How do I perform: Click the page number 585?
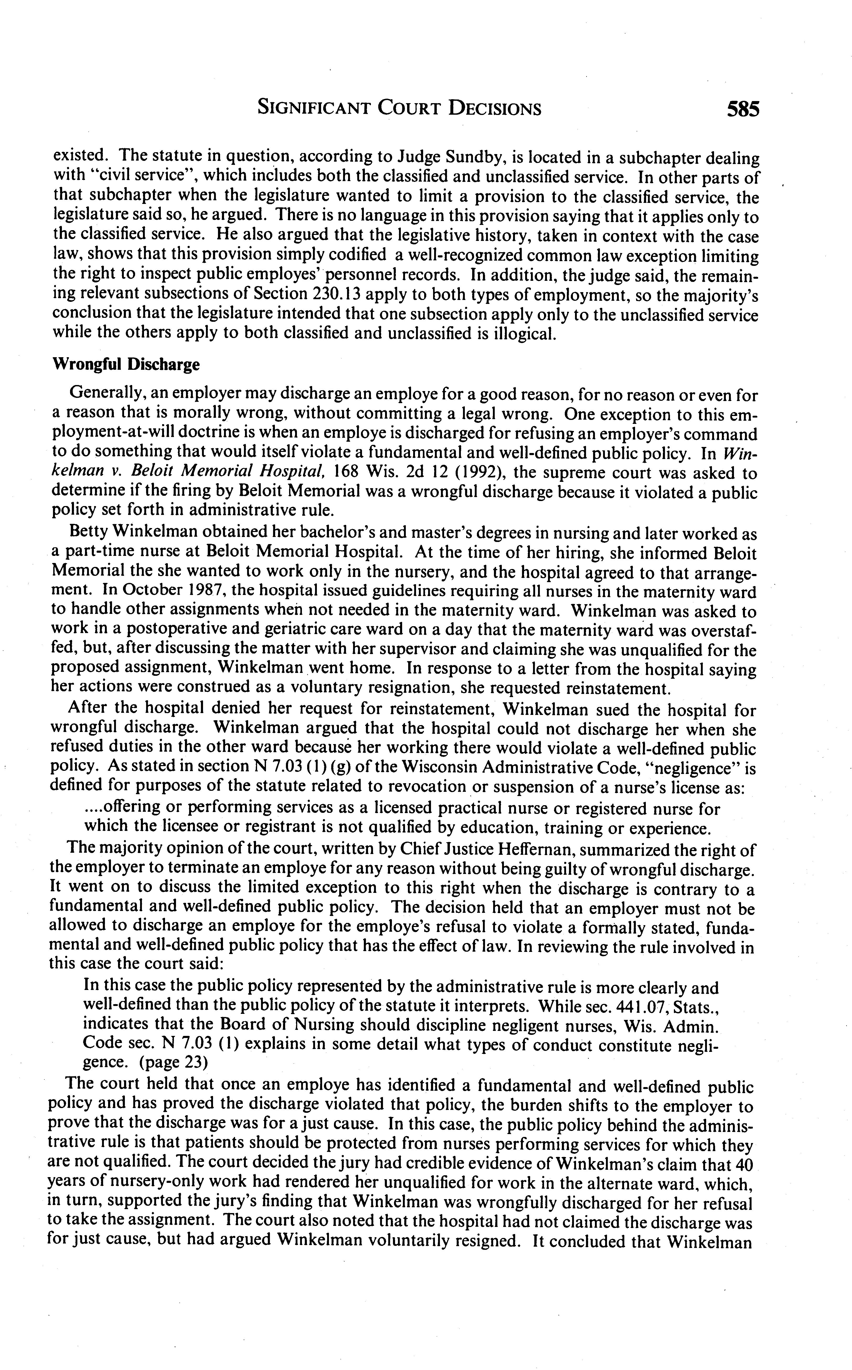743,108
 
